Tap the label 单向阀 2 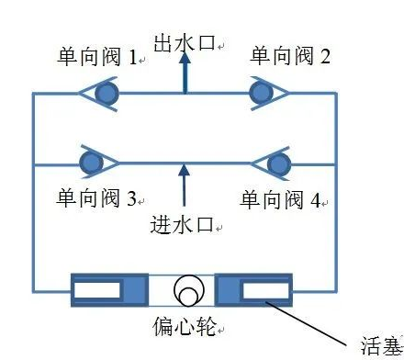[x=291, y=57]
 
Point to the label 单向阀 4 [x=281, y=199]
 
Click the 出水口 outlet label [x=186, y=41]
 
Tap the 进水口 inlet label [x=185, y=224]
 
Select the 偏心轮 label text [x=183, y=326]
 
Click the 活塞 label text [x=377, y=345]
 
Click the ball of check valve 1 [x=107, y=93]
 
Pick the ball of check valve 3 [x=92, y=163]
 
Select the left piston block [x=108, y=290]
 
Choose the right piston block [x=254, y=290]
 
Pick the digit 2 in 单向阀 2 [x=325, y=58]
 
